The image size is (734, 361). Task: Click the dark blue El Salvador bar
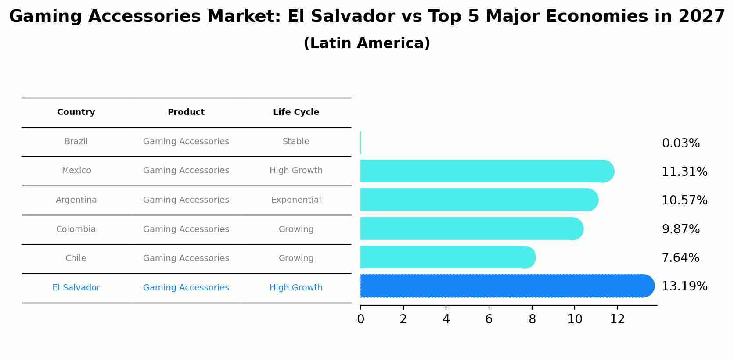click(505, 286)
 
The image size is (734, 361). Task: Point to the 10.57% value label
click(684, 200)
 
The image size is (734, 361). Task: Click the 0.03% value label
click(680, 143)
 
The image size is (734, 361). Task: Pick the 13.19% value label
click(684, 286)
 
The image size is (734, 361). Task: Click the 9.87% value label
click(680, 229)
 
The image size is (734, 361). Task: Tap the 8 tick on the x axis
click(532, 319)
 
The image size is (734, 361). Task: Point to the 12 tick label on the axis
click(617, 319)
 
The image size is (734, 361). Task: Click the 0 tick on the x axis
click(360, 319)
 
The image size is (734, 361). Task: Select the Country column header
click(76, 112)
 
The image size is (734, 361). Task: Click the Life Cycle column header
click(296, 112)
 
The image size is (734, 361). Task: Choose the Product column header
click(186, 112)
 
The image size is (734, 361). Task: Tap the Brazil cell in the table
click(76, 142)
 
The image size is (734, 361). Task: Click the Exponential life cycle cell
click(296, 200)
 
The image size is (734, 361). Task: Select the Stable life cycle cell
click(296, 142)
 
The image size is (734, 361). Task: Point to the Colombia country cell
click(76, 229)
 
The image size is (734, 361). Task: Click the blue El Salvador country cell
click(76, 288)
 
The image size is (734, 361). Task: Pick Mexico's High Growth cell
click(296, 171)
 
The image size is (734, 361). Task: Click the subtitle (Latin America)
click(367, 43)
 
